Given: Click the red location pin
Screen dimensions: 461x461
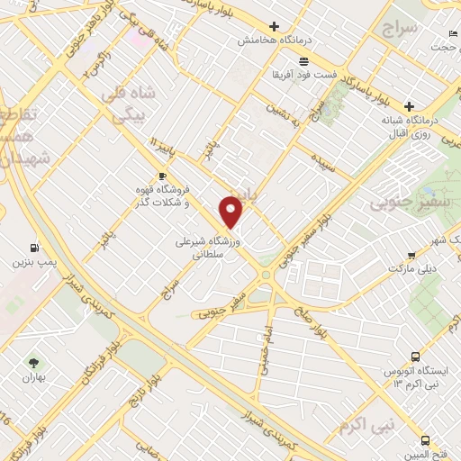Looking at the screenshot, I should [231, 212].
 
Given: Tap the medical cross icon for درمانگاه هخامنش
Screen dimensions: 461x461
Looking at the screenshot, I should [275, 27].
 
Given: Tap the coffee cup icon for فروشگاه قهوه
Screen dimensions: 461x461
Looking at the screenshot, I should [162, 176].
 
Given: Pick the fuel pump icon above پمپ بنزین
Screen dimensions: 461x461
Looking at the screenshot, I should [34, 247].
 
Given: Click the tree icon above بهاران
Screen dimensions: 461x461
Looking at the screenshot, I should [33, 362].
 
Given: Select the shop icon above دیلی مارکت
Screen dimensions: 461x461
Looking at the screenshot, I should [411, 255].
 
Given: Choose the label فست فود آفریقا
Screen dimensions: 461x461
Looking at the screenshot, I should [304, 74].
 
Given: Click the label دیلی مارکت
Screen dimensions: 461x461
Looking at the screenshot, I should [411, 268].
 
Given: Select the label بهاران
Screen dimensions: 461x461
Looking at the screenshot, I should [33, 377].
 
